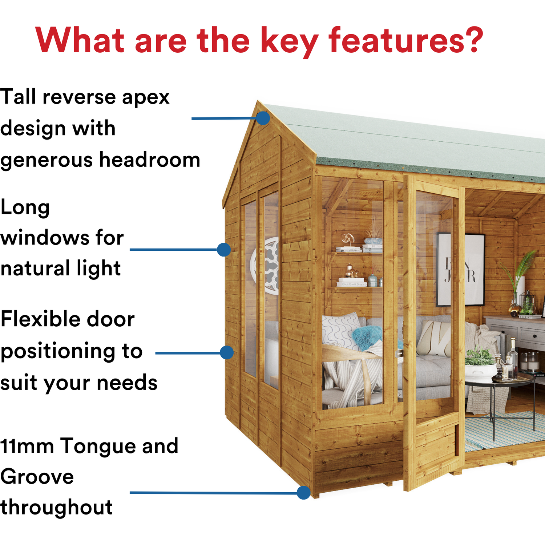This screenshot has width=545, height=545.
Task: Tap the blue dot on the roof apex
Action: (x=263, y=118)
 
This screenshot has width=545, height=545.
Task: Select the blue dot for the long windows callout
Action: (x=224, y=250)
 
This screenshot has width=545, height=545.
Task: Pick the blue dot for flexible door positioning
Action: (x=227, y=352)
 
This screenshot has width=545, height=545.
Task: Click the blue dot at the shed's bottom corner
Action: (x=303, y=493)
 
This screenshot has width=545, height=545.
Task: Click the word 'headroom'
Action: (x=150, y=160)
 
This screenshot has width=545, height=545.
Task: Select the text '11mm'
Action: (x=27, y=447)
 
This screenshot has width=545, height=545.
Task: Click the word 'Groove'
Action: (x=37, y=477)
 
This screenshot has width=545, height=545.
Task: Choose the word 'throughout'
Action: (x=56, y=507)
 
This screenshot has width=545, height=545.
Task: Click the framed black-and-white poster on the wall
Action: (x=460, y=269)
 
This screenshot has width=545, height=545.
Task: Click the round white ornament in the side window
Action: (x=265, y=265)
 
